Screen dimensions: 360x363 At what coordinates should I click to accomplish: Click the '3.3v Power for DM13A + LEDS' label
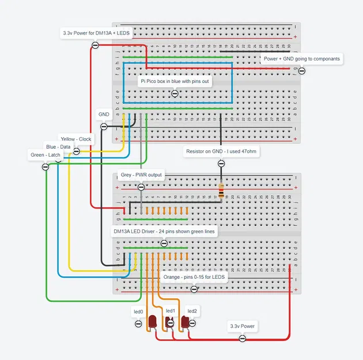(97, 34)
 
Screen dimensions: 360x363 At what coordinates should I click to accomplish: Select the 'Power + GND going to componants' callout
(301, 59)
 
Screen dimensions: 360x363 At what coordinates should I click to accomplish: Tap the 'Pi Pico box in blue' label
(175, 82)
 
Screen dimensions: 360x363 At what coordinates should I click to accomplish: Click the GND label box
(104, 115)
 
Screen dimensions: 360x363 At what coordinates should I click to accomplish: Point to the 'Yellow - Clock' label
(77, 139)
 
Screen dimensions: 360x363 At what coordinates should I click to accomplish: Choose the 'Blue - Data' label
(58, 147)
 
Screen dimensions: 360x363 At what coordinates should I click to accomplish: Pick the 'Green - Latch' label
(46, 155)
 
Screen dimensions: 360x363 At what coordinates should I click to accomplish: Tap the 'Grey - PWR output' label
(141, 175)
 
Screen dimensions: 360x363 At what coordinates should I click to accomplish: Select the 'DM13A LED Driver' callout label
(164, 232)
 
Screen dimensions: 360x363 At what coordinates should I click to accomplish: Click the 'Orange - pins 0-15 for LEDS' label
(195, 277)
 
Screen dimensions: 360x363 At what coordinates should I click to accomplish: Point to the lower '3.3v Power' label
(243, 327)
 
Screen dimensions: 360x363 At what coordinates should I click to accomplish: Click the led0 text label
(138, 312)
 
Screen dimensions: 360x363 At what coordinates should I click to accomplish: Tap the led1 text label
(170, 311)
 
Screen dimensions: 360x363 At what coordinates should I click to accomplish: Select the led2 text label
(192, 311)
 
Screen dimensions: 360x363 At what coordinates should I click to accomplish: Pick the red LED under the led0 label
(153, 322)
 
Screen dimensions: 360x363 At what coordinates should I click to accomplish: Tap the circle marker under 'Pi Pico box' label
(175, 93)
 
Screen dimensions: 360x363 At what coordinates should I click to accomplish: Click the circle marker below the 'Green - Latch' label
(46, 166)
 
